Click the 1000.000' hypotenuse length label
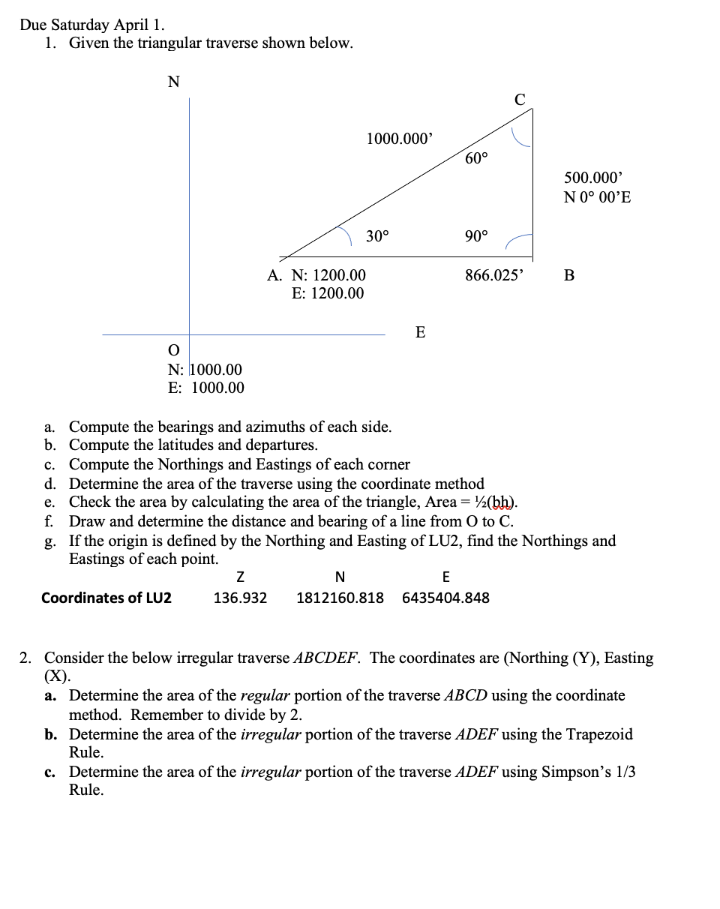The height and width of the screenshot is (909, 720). [399, 139]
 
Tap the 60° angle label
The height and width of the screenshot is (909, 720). [476, 157]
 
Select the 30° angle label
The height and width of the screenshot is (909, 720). [377, 236]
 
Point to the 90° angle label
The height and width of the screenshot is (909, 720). [476, 236]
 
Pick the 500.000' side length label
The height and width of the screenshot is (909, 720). [593, 178]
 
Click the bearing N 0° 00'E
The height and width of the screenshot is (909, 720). [597, 197]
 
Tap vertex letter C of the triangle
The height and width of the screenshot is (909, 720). [520, 99]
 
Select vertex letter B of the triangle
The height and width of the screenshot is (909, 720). [568, 275]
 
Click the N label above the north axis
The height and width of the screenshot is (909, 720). [173, 82]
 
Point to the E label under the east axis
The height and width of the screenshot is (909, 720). [420, 332]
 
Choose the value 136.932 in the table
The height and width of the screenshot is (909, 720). [240, 598]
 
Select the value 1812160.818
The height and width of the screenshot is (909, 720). [340, 598]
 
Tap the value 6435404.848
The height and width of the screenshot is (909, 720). [446, 598]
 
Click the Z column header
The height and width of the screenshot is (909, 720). [240, 577]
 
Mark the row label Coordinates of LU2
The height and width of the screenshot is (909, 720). [106, 598]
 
